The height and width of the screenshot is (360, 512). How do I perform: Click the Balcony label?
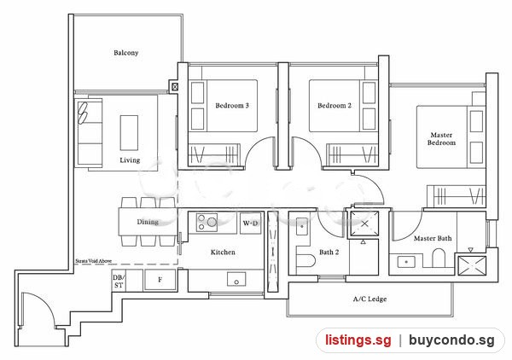click(126, 53)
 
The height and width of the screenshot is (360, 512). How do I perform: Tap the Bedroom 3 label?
click(232, 106)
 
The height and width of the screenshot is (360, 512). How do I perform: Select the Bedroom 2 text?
click(335, 106)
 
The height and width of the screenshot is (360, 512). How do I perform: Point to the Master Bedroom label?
click(441, 139)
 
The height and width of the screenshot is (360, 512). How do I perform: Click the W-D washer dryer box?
click(250, 224)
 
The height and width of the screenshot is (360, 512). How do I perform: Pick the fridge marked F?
click(160, 280)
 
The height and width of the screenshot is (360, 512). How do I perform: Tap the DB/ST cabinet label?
click(119, 282)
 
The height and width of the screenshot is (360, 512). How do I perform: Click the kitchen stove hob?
click(207, 223)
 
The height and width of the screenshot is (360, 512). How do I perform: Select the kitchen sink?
click(236, 279)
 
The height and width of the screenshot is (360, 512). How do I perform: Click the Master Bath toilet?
click(439, 258)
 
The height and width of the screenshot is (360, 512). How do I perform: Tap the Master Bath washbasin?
click(406, 262)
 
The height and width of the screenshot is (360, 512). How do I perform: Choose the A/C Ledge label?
click(369, 299)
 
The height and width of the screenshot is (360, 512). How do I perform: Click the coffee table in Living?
click(129, 132)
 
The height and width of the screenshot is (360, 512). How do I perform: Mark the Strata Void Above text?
click(93, 261)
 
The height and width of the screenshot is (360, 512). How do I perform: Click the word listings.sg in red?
click(358, 340)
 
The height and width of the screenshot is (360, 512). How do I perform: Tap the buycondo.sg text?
click(451, 340)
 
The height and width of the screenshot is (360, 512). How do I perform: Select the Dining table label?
click(148, 222)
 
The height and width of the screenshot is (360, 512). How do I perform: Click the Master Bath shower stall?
click(472, 266)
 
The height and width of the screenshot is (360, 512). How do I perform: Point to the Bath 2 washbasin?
click(302, 227)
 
